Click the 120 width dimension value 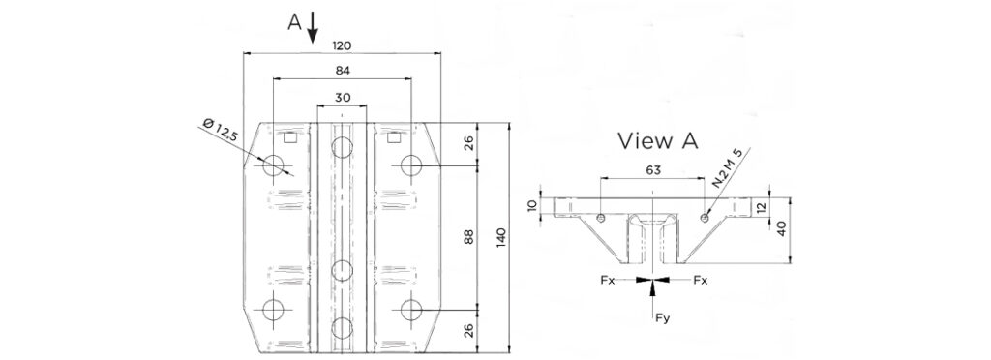point(342,46)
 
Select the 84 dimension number point(343,71)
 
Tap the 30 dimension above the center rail point(342,98)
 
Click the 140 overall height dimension point(501,238)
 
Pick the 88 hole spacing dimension point(468,237)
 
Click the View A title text point(657,141)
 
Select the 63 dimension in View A point(653,170)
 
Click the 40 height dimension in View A point(781,229)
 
